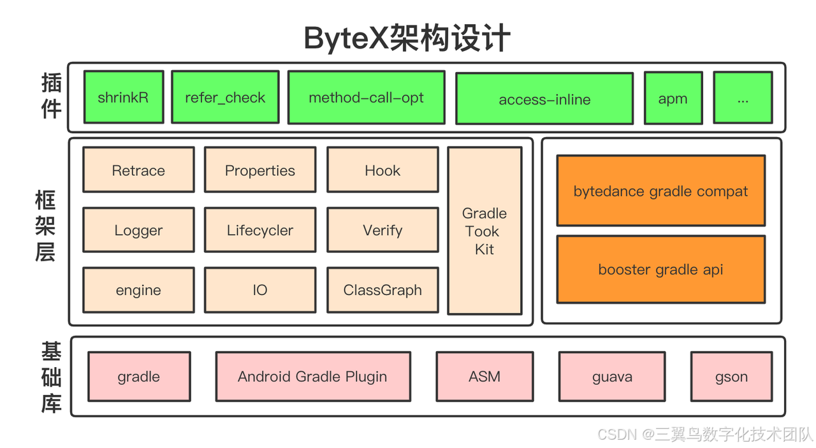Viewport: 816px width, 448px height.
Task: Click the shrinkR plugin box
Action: click(x=124, y=97)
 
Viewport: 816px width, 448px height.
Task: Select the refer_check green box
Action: click(x=225, y=97)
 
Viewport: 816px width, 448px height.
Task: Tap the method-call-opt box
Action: click(x=366, y=98)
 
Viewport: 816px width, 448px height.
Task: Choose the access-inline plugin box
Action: click(x=544, y=99)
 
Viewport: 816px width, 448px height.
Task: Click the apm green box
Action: click(x=673, y=98)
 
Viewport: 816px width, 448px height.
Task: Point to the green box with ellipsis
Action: click(x=743, y=98)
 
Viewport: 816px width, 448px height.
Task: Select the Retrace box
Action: click(x=138, y=170)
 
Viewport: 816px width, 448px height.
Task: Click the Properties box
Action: click(x=260, y=170)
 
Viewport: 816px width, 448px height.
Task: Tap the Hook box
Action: click(x=382, y=170)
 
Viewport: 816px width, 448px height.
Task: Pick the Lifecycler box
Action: click(x=260, y=230)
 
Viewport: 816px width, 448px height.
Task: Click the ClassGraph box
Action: click(x=382, y=290)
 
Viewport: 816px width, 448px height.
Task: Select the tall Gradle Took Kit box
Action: click(x=484, y=231)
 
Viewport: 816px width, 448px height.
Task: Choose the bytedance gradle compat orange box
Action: click(x=660, y=191)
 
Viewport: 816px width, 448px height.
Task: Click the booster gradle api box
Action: click(x=660, y=269)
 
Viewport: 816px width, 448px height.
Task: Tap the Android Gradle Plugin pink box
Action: click(x=312, y=377)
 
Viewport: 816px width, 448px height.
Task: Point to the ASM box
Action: click(x=484, y=377)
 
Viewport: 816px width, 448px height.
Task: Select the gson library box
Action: click(x=731, y=377)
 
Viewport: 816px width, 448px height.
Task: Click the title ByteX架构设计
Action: click(x=407, y=38)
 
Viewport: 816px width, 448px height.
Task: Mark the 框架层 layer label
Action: click(x=45, y=228)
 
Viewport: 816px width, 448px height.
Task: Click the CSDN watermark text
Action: click(x=705, y=435)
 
